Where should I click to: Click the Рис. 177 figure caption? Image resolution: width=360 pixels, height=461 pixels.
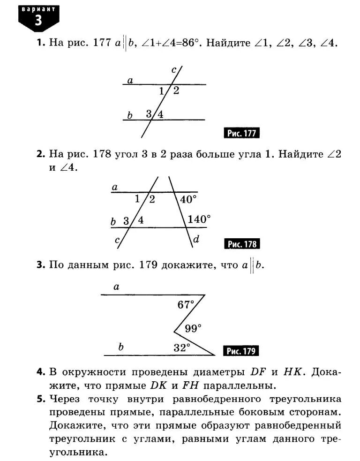242,133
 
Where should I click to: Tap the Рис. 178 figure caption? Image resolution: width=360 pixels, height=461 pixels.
242,244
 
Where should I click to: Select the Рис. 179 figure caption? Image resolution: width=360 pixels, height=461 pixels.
242,351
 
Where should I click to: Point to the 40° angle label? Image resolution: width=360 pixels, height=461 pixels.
188,199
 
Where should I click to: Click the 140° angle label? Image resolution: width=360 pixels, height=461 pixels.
199,219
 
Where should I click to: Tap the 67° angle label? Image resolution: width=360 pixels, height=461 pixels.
186,305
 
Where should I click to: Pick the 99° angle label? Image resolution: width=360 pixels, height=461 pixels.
193,328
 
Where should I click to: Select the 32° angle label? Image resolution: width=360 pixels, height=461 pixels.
182,348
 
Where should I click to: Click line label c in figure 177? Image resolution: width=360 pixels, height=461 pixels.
174,70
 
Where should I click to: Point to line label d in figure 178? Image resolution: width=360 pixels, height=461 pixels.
196,239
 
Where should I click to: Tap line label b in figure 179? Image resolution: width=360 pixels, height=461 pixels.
121,347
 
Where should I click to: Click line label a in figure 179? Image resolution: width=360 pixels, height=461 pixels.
116,287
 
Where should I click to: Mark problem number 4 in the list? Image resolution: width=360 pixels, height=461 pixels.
41,372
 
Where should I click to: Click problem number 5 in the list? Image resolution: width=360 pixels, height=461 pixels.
41,399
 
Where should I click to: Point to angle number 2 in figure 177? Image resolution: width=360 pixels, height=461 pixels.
176,91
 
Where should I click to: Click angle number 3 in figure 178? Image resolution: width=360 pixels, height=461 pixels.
126,220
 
